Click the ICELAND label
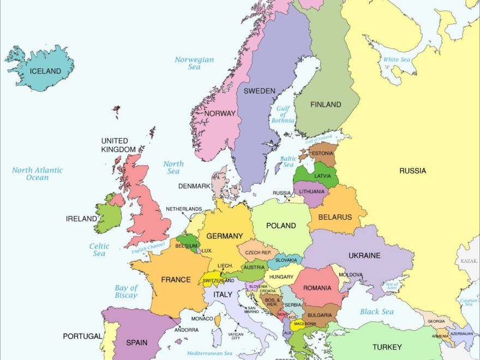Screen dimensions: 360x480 [x=45, y=71]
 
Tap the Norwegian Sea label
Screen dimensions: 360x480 [x=194, y=63]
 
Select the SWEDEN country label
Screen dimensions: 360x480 [x=259, y=91]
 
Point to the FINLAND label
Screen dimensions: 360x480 [x=326, y=104]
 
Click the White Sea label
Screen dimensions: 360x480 [x=397, y=60]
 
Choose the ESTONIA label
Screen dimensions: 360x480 [x=322, y=154]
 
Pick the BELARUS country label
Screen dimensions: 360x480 [x=335, y=217]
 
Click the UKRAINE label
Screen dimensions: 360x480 [x=364, y=255]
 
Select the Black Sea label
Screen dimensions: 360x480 [x=376, y=312]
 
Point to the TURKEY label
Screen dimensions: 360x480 [x=387, y=347]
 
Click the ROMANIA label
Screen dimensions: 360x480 [x=317, y=287]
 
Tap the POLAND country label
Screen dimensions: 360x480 [x=281, y=226]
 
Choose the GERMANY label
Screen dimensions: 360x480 [x=224, y=236]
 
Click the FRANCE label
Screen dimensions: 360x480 [x=176, y=280]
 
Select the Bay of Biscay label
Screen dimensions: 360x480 [x=126, y=292]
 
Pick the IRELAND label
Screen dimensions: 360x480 [x=81, y=219]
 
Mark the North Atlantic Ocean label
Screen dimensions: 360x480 [x=37, y=174]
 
